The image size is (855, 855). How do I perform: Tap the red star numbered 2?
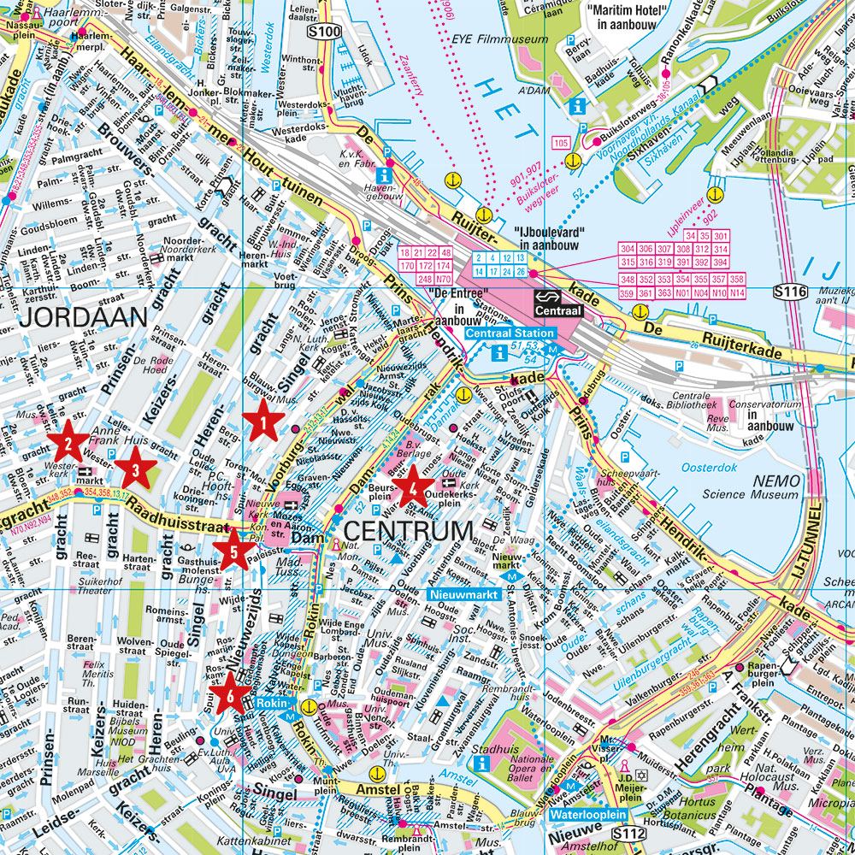click(66, 443)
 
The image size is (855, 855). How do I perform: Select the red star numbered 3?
click(135, 468)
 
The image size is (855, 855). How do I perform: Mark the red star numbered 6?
click(227, 692)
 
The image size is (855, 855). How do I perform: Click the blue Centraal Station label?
click(511, 333)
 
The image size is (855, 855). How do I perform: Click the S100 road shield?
click(324, 32)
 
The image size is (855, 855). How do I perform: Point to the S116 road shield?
click(790, 292)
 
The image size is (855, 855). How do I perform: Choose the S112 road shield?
click(631, 832)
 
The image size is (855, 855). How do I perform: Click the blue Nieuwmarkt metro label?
click(462, 593)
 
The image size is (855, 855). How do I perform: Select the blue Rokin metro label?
click(273, 705)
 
